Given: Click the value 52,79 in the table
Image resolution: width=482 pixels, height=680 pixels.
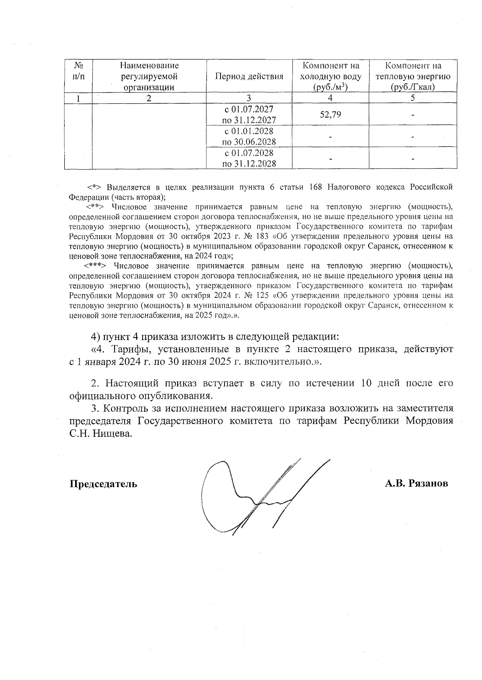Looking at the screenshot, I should coord(330,115).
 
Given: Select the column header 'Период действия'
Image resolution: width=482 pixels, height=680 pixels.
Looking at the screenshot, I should coord(249,76).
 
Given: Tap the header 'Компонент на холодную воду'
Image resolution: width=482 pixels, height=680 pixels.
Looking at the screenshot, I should coord(331,76).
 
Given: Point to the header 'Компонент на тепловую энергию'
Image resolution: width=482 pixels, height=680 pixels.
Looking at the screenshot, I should coord(413,76).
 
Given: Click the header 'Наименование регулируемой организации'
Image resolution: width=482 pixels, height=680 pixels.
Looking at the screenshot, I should coord(149,76).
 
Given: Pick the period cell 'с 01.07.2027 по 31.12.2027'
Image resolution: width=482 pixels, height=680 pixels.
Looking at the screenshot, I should coord(249,115).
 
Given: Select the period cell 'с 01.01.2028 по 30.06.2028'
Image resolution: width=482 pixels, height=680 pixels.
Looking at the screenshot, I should coord(249,137).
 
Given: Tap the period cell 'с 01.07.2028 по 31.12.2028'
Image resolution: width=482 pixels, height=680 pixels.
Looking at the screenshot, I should coord(249,158).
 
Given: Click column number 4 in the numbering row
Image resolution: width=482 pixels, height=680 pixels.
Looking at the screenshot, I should coord(330,98).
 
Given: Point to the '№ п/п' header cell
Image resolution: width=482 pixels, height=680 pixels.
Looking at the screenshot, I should coord(79,71).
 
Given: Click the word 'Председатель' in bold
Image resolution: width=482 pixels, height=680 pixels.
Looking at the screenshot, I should coord(104,484).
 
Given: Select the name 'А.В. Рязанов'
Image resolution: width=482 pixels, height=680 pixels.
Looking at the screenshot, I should coord(416,483).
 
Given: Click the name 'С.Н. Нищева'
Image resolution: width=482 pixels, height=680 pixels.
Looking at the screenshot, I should coord(100,434).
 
